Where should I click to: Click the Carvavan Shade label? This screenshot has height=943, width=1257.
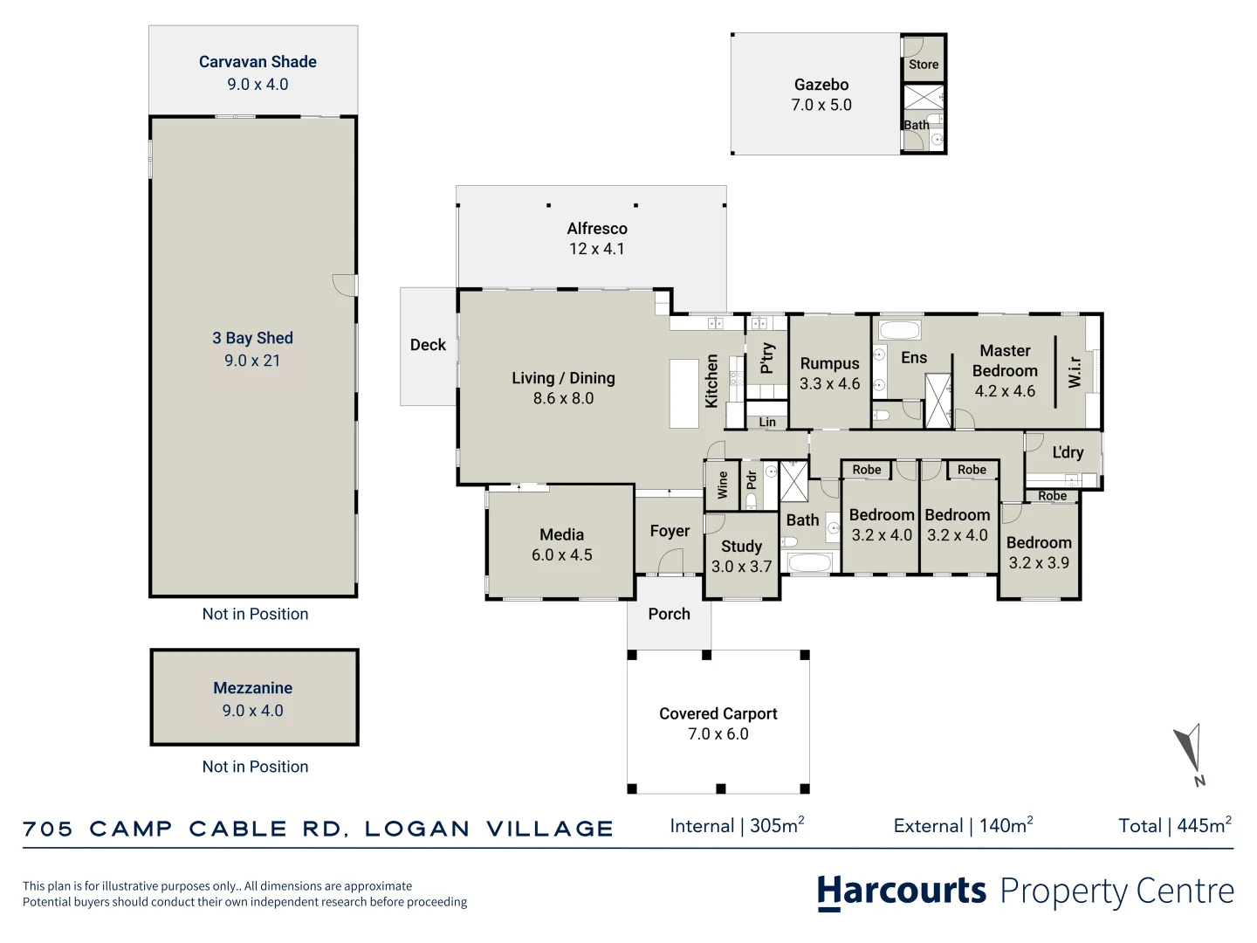(x=258, y=62)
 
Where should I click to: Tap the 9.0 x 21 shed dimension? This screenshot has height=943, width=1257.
(x=252, y=361)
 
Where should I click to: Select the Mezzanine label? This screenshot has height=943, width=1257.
(x=253, y=688)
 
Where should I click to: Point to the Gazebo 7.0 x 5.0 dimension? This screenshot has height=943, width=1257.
(x=821, y=105)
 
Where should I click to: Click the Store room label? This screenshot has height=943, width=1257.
(x=924, y=65)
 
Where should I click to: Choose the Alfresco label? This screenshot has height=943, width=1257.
(x=597, y=229)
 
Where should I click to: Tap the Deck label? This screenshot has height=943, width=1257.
(x=428, y=345)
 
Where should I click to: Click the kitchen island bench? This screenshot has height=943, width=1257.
(x=684, y=393)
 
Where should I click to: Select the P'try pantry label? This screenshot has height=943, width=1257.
(x=767, y=358)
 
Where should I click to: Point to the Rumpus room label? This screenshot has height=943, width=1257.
(x=830, y=363)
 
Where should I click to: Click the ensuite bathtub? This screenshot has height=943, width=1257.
(x=900, y=330)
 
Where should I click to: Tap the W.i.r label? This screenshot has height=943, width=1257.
(x=1075, y=372)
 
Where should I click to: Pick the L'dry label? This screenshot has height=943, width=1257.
(x=1068, y=452)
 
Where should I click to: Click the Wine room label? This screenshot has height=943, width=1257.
(x=722, y=485)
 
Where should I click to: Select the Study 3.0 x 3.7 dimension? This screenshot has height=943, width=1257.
(x=742, y=567)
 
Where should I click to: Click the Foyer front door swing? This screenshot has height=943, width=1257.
(x=670, y=561)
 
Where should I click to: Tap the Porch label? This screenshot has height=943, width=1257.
(x=669, y=614)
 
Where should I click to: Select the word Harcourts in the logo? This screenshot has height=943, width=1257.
(x=902, y=892)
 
